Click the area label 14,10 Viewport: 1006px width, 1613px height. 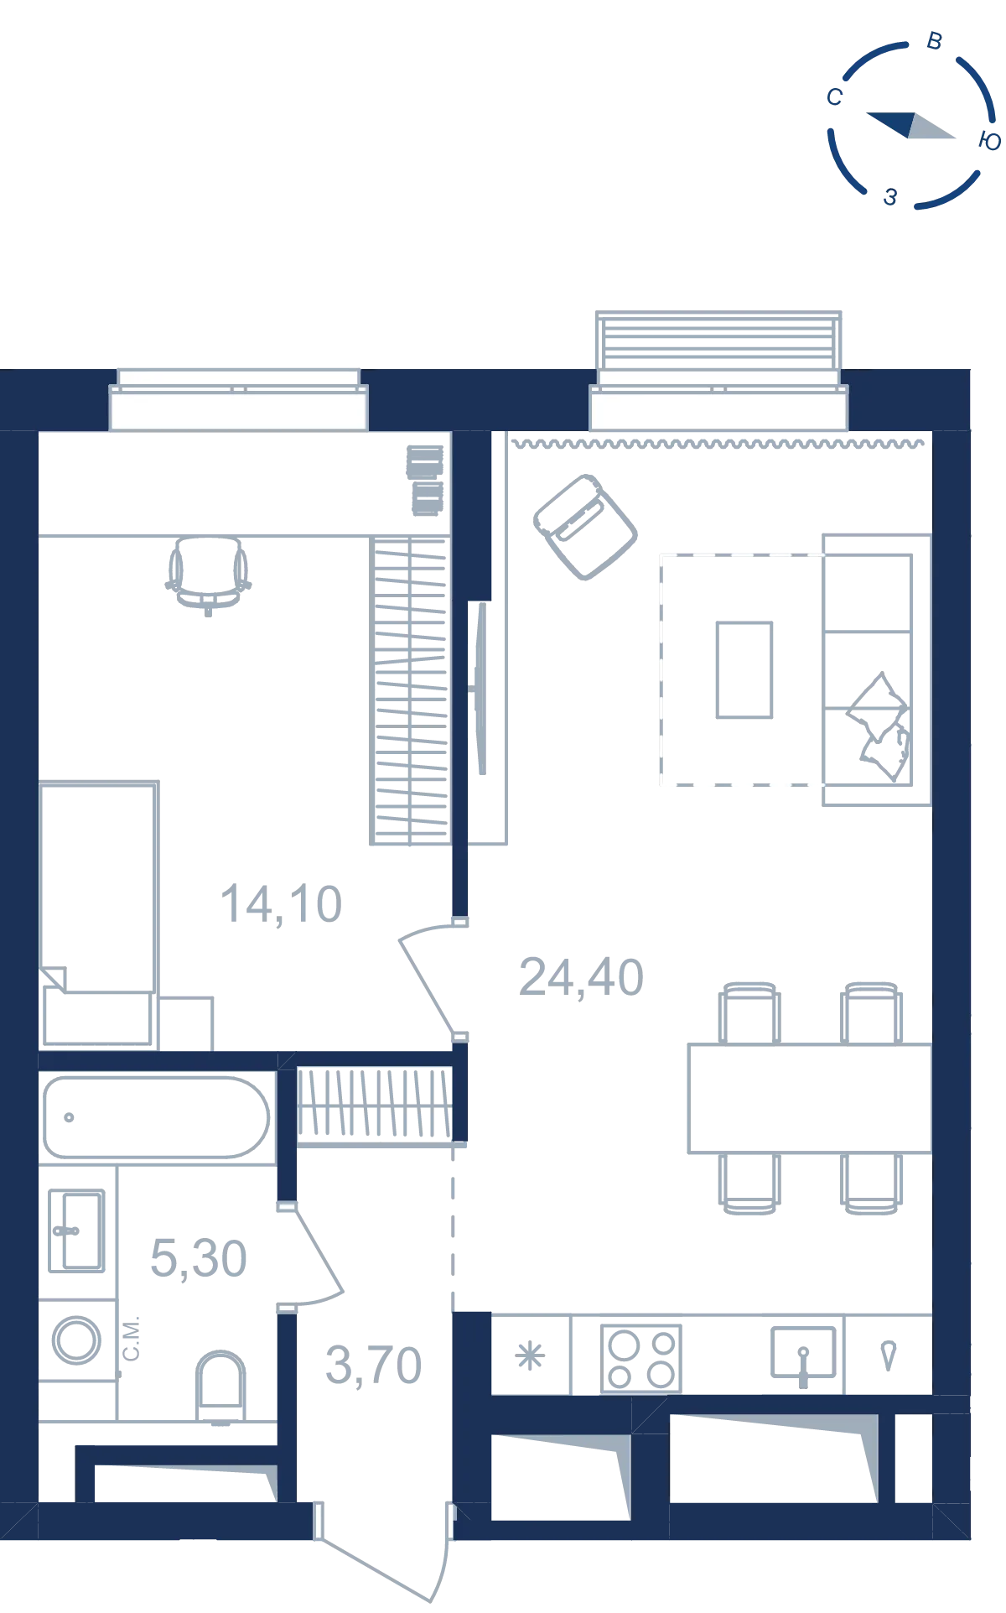(x=281, y=905)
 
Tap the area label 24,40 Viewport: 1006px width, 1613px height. (x=581, y=978)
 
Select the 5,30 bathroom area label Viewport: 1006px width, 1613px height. (x=199, y=1259)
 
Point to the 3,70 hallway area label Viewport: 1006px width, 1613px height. (x=374, y=1366)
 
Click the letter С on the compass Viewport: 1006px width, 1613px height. (x=834, y=97)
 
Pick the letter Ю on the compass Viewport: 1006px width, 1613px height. (x=989, y=141)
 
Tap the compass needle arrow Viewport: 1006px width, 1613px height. (x=910, y=125)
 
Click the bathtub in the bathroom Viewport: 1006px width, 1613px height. (x=157, y=1117)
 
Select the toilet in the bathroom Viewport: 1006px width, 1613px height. (x=220, y=1385)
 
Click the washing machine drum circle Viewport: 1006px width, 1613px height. (x=77, y=1339)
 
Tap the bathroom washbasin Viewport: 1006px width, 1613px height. (x=76, y=1231)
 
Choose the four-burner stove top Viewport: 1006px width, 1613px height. (x=641, y=1358)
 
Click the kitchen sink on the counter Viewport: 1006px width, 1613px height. (x=803, y=1353)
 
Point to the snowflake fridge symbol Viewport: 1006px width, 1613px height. (x=530, y=1355)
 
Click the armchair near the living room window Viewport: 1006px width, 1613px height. (x=585, y=526)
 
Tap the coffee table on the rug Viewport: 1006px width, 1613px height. (x=744, y=669)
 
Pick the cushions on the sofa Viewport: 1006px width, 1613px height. (x=879, y=726)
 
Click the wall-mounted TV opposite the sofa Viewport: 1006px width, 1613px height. (x=481, y=689)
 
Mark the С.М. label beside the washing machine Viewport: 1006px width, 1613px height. (x=131, y=1339)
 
